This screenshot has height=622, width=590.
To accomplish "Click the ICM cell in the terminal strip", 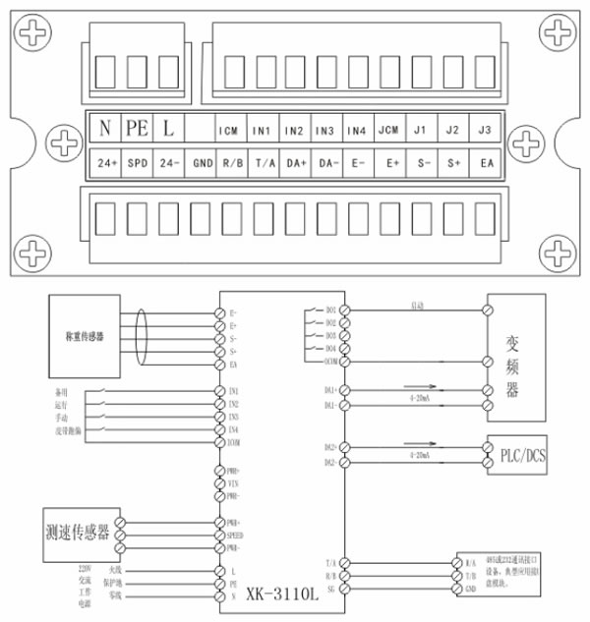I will pos(229,131).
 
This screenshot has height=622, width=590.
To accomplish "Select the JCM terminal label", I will pos(387,131).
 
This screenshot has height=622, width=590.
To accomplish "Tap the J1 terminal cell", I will pos(420,131).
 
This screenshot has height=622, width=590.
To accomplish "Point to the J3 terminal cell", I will pos(484,131).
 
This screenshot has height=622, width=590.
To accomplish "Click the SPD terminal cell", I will pos(137,162).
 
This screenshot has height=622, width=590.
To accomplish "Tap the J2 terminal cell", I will pos(452,131).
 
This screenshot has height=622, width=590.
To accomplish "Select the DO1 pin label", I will pos(331,311).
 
